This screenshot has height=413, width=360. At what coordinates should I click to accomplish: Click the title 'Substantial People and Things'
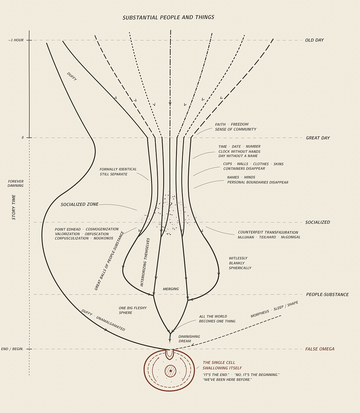[168, 17]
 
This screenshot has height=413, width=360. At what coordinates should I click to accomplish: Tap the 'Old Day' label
[314, 40]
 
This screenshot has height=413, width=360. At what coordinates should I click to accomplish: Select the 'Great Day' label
[318, 138]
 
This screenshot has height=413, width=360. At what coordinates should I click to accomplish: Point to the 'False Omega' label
[320, 349]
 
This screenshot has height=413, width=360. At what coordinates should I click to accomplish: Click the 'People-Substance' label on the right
[327, 294]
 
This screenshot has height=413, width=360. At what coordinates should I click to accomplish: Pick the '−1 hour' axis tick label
[16, 40]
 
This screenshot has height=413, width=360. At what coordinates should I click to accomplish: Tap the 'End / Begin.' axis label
[12, 349]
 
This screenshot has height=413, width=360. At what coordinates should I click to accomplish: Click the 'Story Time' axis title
[14, 207]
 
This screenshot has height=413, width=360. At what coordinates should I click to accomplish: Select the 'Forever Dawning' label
[15, 183]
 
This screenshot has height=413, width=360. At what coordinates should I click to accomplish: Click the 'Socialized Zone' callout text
[80, 204]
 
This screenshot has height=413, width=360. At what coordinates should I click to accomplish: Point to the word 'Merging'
[171, 289]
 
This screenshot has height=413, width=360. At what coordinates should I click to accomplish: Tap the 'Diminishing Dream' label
[189, 339]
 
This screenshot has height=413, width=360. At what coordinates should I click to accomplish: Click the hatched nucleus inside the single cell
[170, 371]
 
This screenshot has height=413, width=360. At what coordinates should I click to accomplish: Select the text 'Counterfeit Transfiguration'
[268, 232]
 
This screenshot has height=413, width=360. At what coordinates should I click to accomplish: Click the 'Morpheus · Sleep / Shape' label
[274, 309]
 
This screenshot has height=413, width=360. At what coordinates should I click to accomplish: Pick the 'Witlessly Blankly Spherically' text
[240, 263]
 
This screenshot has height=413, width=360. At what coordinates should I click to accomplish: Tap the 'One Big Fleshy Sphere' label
[133, 310]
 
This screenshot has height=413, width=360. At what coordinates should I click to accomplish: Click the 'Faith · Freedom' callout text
[232, 124]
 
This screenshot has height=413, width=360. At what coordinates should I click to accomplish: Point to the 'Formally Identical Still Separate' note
[118, 172]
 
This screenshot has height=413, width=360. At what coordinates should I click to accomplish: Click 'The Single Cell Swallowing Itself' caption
[222, 365]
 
